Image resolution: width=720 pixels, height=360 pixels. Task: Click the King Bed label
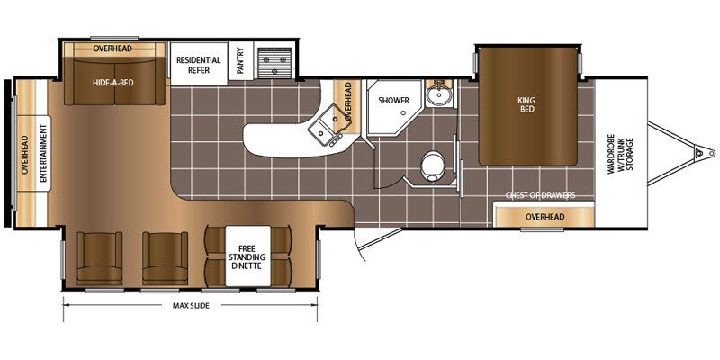click(x=527, y=104)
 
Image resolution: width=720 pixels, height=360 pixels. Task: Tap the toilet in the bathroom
click(x=432, y=166)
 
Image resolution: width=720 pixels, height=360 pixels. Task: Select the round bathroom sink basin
click(x=437, y=96)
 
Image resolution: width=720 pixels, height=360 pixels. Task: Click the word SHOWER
click(x=393, y=101)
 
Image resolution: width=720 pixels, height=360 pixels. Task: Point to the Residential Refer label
click(x=199, y=65)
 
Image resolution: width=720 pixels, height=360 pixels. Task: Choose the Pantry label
click(x=240, y=61)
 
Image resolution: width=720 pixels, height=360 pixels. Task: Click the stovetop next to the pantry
click(x=274, y=64)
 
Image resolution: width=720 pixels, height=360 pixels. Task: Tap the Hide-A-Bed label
click(x=113, y=83)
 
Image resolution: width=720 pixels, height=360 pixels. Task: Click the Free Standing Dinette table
click(x=248, y=256)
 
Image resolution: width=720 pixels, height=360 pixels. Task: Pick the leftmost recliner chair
click(x=100, y=258)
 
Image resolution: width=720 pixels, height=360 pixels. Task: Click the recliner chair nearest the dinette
click(x=165, y=258)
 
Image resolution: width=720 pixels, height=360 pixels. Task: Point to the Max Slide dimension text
click(x=191, y=305)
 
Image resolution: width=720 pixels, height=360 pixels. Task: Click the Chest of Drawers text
click(x=541, y=195)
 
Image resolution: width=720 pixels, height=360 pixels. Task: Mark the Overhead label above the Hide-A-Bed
click(x=112, y=49)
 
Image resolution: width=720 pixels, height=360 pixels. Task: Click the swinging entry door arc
click(x=358, y=243)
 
